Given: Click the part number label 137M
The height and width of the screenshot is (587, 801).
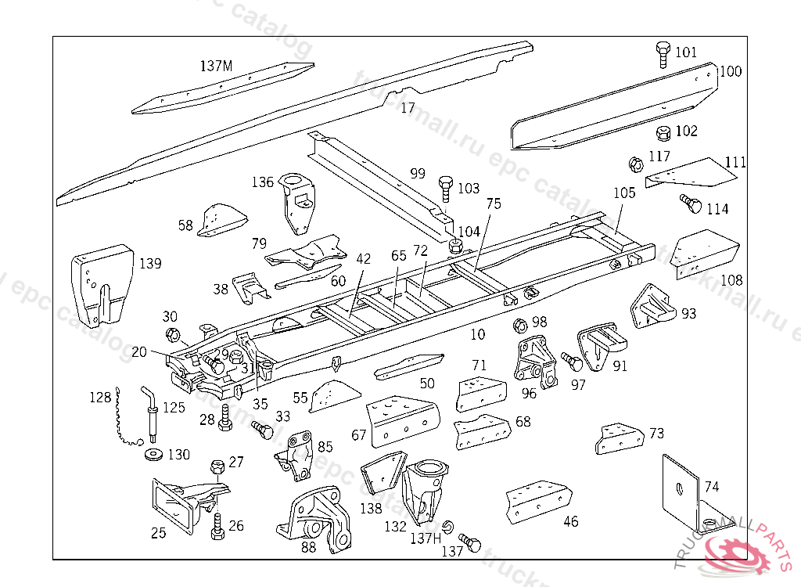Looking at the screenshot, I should [x=216, y=67].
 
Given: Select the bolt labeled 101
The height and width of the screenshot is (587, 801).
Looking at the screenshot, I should [x=662, y=54].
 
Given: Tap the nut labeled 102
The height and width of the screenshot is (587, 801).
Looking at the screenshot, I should [x=663, y=132].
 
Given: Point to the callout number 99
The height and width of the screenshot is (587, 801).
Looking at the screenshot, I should [x=418, y=173].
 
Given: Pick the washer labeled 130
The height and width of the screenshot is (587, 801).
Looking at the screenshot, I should [x=151, y=455].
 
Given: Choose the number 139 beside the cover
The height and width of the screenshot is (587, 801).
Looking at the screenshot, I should [x=150, y=263].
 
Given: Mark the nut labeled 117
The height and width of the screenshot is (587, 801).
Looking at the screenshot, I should [x=635, y=164].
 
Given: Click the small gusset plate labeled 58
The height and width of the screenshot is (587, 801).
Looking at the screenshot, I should [x=221, y=220].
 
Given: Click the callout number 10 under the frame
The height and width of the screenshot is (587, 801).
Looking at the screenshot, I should [x=478, y=334].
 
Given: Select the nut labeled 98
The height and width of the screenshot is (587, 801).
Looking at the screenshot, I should [x=517, y=325].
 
